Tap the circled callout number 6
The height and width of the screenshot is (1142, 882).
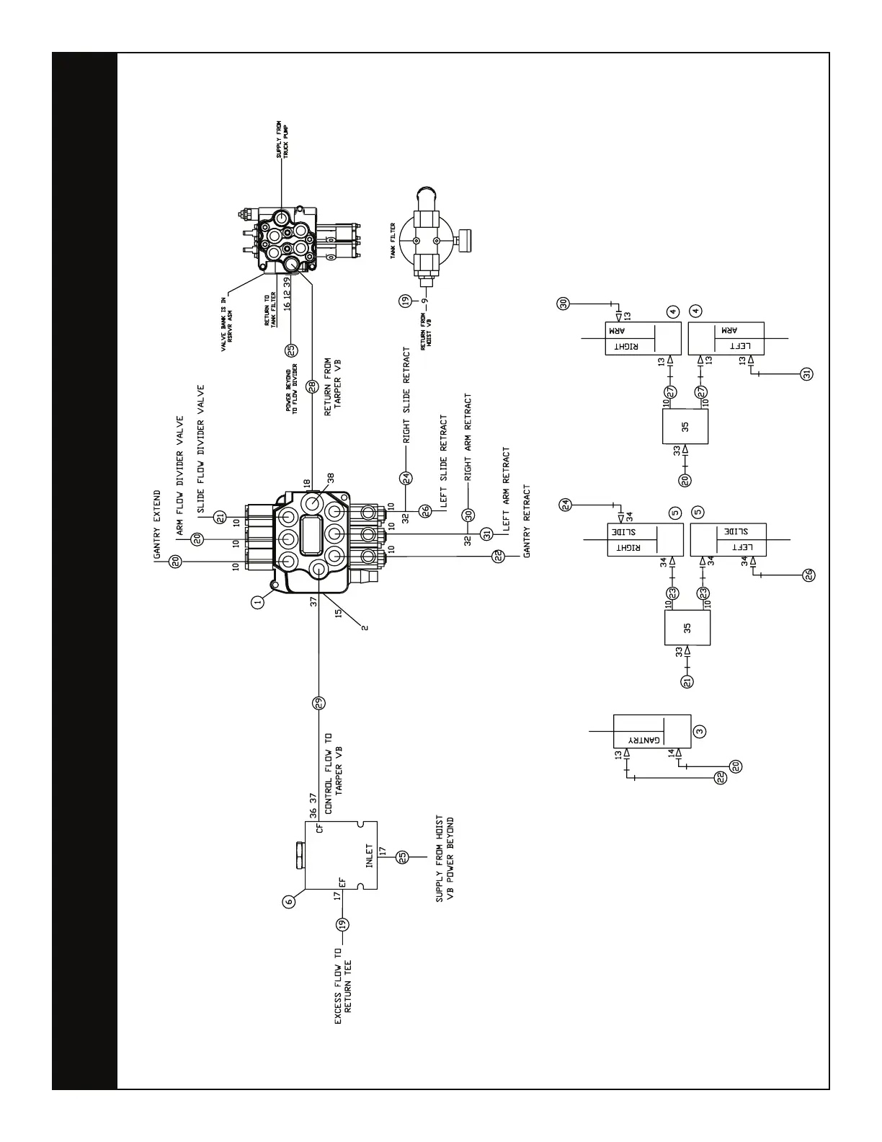pyautogui.click(x=290, y=901)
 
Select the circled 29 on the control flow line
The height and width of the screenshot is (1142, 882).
pyautogui.click(x=318, y=702)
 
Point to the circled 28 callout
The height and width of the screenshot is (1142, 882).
pyautogui.click(x=312, y=386)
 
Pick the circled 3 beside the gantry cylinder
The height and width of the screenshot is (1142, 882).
pyautogui.click(x=699, y=730)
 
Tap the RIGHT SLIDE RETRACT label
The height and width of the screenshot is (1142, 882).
pyautogui.click(x=407, y=395)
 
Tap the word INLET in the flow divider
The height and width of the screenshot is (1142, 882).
pyautogui.click(x=369, y=857)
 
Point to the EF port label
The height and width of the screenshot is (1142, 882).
pyautogui.click(x=342, y=882)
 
